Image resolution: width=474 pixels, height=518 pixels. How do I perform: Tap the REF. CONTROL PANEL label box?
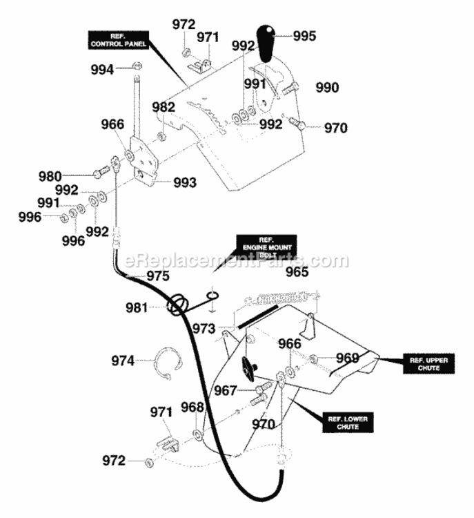[118, 40]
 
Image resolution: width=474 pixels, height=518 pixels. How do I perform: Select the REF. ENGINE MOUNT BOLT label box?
[266, 247]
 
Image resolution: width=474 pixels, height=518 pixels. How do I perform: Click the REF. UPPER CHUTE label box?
[428, 364]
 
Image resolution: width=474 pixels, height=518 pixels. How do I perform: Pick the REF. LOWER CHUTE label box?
[348, 423]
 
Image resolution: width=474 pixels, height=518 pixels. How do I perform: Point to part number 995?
[304, 36]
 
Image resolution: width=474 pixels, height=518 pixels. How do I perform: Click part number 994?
[102, 69]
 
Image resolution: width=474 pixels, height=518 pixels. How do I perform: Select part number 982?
[164, 107]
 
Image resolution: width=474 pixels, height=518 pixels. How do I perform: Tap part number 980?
[50, 176]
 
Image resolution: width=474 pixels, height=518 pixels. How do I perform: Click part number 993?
[185, 182]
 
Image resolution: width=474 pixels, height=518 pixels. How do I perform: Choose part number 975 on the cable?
[158, 276]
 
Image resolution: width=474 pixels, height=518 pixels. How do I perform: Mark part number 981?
[137, 307]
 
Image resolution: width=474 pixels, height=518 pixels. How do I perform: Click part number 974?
[122, 361]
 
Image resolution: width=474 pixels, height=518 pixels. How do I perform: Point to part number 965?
[297, 272]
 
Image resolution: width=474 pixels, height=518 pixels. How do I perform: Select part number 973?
[204, 328]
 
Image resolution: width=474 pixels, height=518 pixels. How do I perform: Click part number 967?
[226, 390]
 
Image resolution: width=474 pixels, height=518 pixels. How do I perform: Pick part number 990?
[327, 88]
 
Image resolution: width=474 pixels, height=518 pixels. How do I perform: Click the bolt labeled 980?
[101, 172]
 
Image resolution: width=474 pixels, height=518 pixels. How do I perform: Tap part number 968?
[192, 407]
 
